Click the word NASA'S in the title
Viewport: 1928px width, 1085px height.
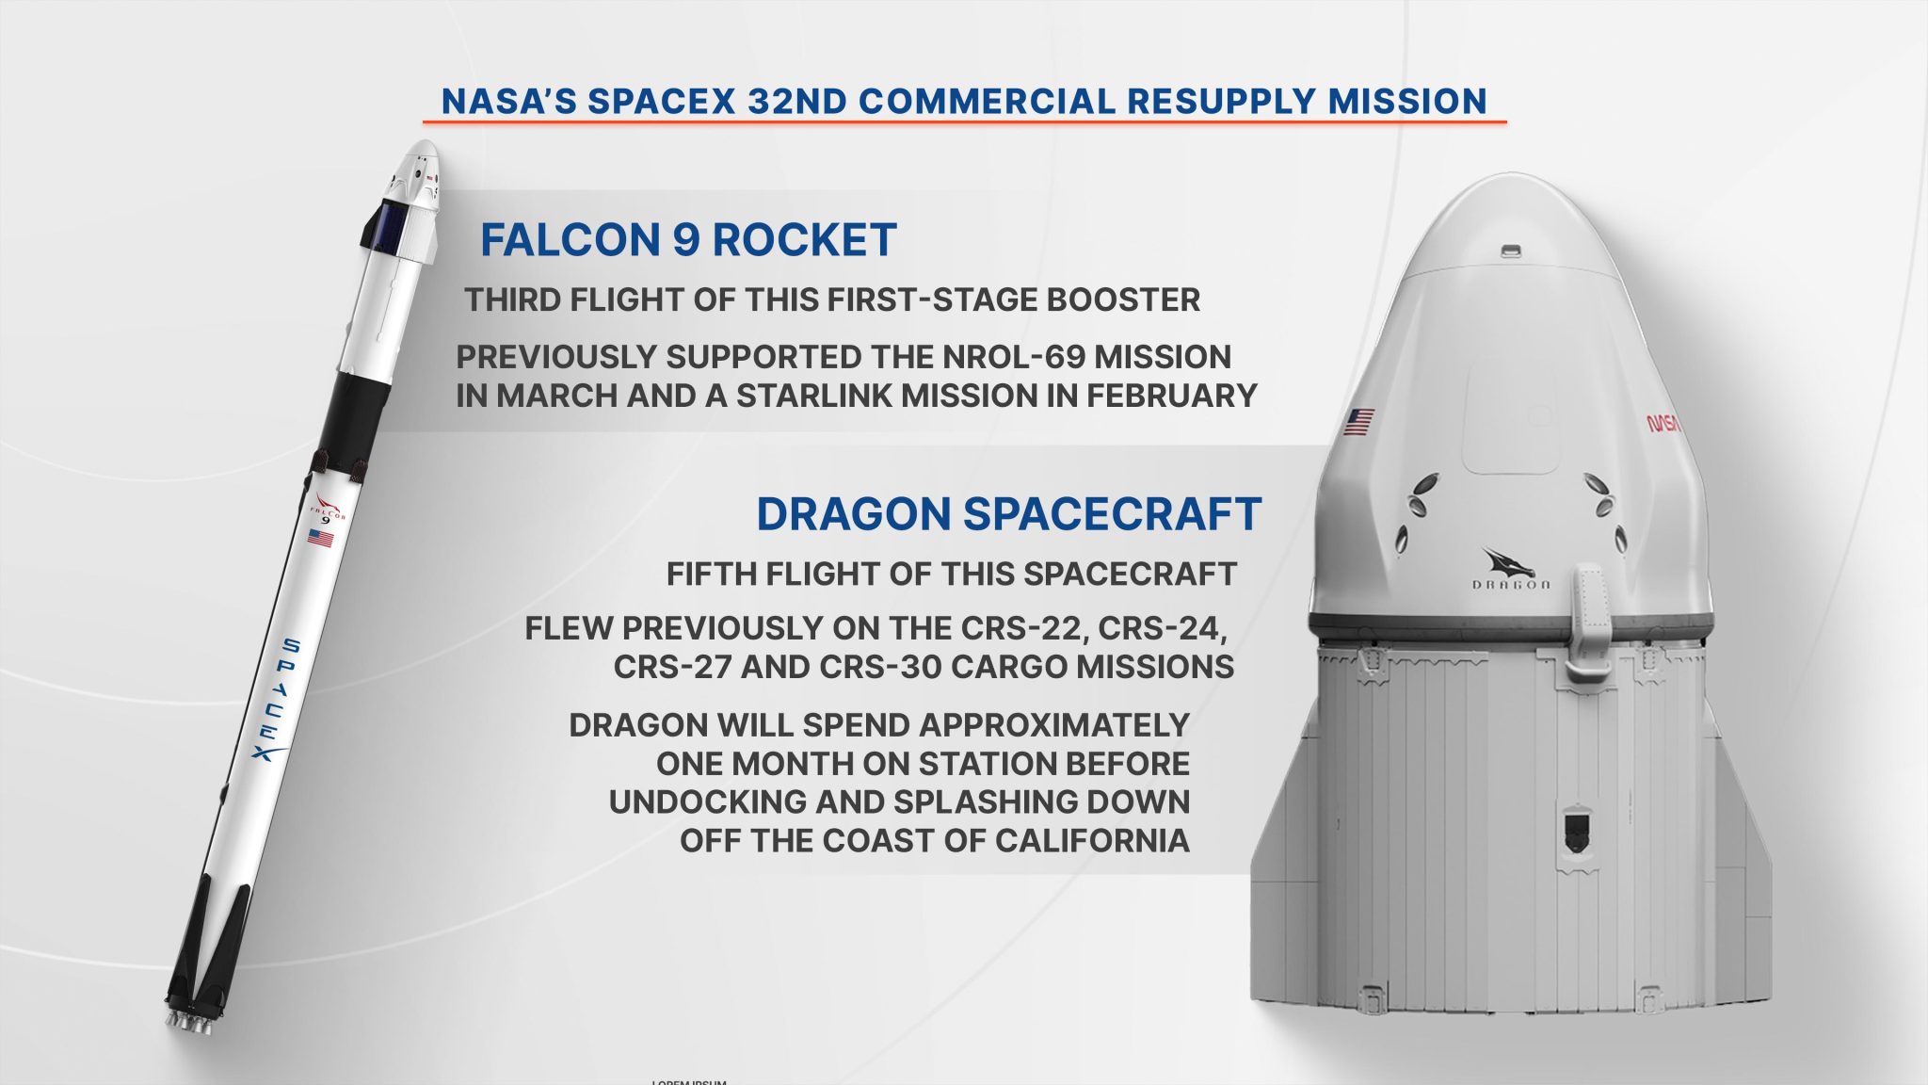[x=508, y=102]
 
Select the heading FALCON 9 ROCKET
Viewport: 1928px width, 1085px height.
[x=688, y=240]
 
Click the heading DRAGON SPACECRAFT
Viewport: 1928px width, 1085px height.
[x=1008, y=514]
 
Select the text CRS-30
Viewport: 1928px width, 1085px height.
[x=881, y=667]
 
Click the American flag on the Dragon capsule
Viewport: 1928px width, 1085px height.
[x=1358, y=421]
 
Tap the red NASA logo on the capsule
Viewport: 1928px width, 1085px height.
[x=1663, y=424]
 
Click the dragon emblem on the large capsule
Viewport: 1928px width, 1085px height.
[x=1508, y=563]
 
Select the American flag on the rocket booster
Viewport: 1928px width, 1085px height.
[x=320, y=538]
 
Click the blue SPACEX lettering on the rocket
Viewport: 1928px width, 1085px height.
[x=278, y=700]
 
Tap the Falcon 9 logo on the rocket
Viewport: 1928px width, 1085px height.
[x=328, y=509]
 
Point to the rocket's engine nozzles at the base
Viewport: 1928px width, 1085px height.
[x=191, y=1023]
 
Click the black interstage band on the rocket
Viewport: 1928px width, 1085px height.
[x=352, y=414]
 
